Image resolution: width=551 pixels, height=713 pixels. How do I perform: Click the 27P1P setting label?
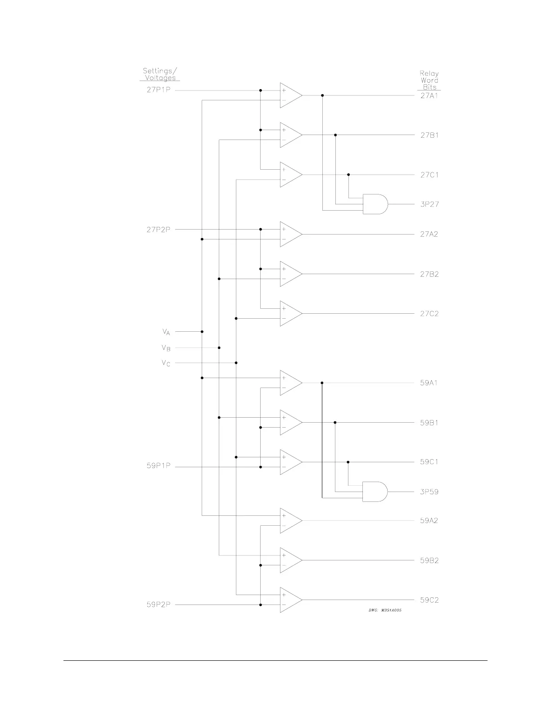click(x=158, y=90)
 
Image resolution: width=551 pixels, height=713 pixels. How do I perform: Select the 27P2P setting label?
click(x=158, y=230)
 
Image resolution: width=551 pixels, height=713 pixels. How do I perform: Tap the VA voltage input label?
click(x=166, y=332)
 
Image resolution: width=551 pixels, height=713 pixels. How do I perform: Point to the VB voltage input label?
click(x=166, y=348)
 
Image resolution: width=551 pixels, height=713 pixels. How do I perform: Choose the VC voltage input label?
click(x=166, y=363)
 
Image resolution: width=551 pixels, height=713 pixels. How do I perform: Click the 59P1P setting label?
click(x=158, y=466)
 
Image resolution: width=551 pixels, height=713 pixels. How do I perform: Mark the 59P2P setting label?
click(x=158, y=605)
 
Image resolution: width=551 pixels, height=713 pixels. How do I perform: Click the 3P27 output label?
click(x=429, y=204)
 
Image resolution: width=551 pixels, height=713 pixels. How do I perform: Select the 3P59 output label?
click(x=429, y=492)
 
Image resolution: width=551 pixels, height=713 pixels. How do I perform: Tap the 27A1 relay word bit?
click(x=429, y=96)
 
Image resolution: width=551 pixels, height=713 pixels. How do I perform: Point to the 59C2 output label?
click(x=429, y=600)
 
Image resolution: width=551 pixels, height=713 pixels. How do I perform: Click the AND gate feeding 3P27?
click(x=375, y=204)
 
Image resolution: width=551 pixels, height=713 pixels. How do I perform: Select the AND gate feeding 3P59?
click(x=375, y=492)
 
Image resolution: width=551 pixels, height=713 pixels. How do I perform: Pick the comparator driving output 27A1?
click(x=290, y=95)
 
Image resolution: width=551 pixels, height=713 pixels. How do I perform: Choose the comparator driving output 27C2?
click(x=290, y=313)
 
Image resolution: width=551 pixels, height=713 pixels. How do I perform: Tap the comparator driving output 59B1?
click(x=290, y=422)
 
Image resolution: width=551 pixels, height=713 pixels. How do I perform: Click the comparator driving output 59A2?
click(x=290, y=521)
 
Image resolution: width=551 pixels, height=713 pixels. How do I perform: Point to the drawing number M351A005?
click(x=385, y=610)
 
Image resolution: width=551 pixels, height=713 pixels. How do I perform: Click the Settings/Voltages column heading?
click(x=160, y=74)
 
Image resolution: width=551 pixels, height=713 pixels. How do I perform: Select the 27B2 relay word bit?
click(x=429, y=274)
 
